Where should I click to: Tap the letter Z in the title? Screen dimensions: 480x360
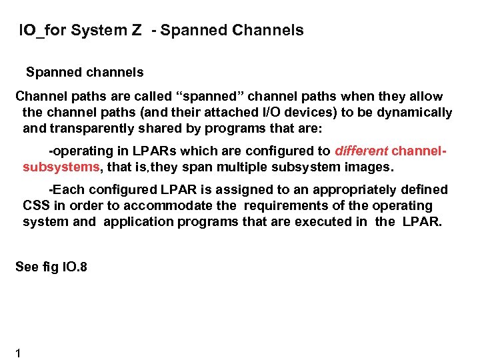tap(137, 30)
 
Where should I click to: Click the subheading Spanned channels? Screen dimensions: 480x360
tap(85, 71)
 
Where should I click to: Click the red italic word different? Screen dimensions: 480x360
tap(361, 151)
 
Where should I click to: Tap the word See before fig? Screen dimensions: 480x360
tap(27, 267)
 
